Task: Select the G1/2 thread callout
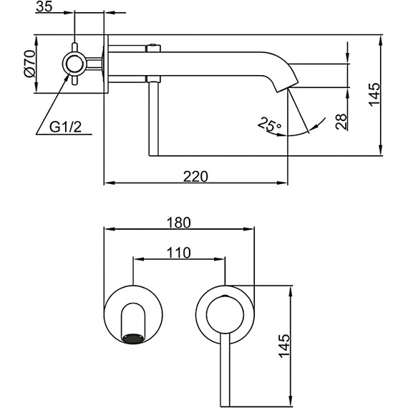pos(64,128)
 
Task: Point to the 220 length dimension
pos(195,175)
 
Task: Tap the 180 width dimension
pos(179,223)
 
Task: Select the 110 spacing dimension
pos(179,253)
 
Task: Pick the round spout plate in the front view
pos(134,316)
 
